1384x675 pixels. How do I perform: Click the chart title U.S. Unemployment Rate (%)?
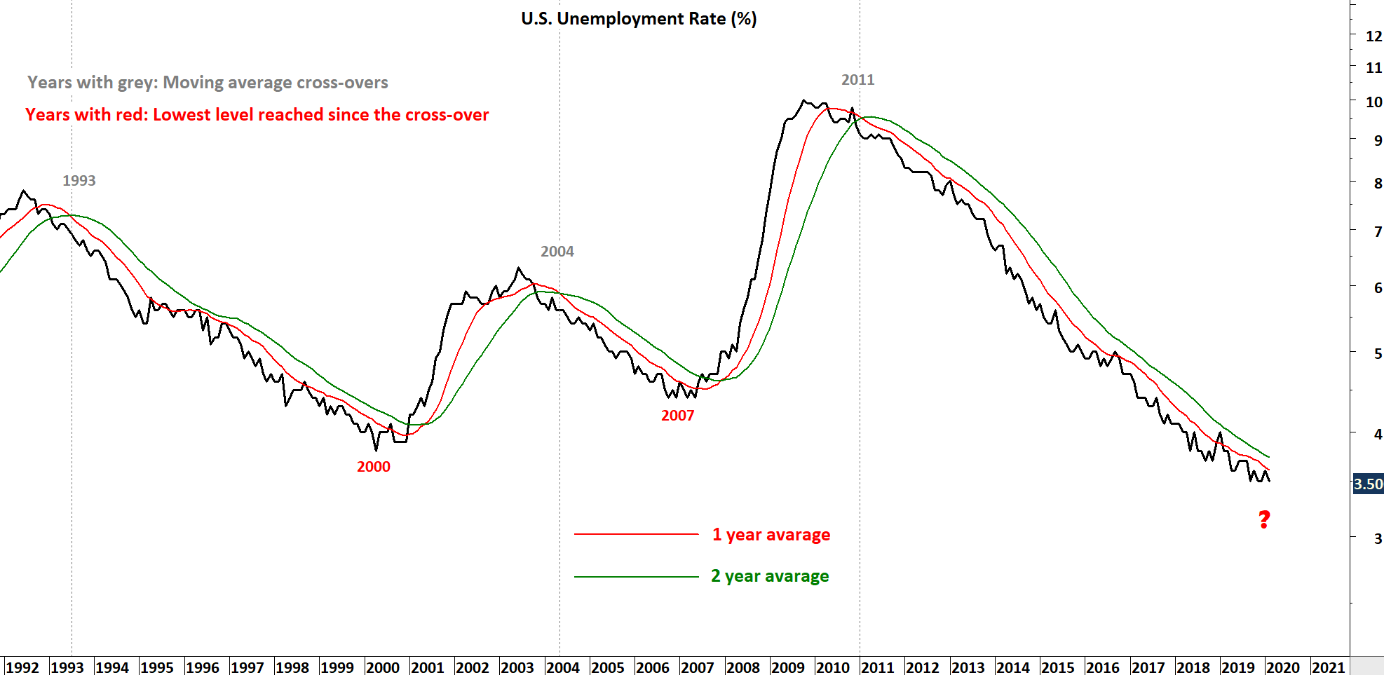tap(639, 19)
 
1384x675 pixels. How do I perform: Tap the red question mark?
tap(1264, 519)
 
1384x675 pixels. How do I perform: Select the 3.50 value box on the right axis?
tap(1367, 484)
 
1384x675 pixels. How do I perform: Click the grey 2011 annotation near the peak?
tap(857, 80)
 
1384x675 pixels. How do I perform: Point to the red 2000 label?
tap(373, 467)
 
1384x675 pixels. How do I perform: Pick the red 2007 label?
tap(677, 416)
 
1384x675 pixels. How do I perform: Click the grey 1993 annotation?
tap(79, 181)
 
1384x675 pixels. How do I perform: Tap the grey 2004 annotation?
tap(557, 252)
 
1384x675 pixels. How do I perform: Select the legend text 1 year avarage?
tap(771, 535)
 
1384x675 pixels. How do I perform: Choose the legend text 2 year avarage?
tap(769, 576)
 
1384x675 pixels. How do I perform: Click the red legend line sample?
tap(636, 534)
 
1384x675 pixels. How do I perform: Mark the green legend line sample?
tap(636, 577)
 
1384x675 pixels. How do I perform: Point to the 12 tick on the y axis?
tap(1373, 36)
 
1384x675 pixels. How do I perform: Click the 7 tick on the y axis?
tap(1378, 231)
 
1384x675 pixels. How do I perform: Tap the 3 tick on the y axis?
tap(1378, 538)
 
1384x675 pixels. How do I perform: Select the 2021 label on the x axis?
tap(1328, 667)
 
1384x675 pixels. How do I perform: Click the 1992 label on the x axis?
tap(22, 667)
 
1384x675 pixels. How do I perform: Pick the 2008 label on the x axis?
tap(742, 667)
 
